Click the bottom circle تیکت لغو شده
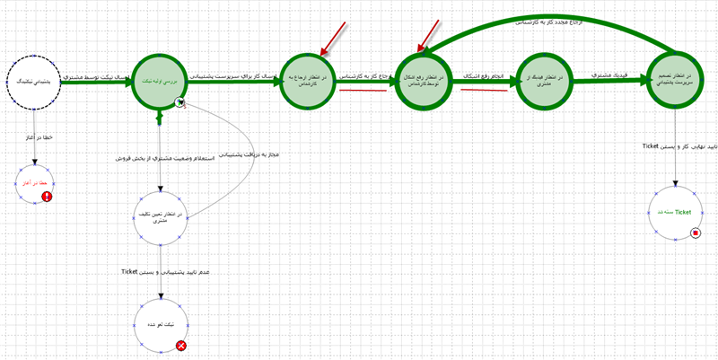pos(160,324)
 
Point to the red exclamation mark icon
pos(48,197)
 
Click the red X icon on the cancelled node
pos(181,345)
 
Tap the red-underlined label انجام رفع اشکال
pos(484,76)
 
